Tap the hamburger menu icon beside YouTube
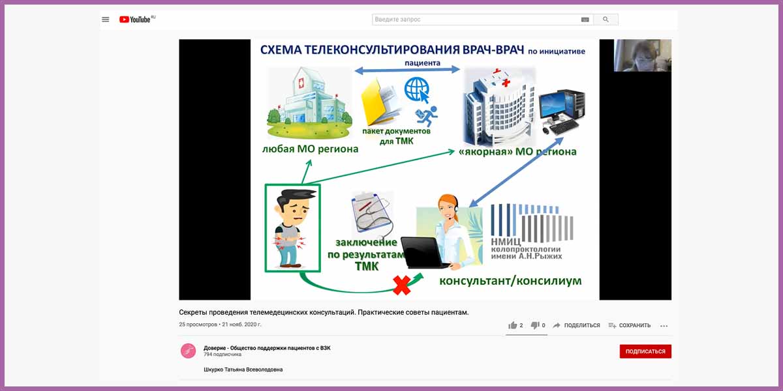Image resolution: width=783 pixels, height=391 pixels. (105, 20)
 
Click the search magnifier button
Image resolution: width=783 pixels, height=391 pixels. (606, 20)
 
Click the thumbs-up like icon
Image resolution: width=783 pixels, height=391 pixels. (512, 325)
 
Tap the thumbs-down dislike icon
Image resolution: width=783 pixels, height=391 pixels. (535, 325)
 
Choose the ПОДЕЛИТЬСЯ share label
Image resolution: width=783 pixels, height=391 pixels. (581, 325)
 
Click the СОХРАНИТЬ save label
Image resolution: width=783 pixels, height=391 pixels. (635, 325)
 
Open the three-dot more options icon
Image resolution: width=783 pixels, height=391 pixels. (664, 326)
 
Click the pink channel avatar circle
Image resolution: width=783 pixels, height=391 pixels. (188, 351)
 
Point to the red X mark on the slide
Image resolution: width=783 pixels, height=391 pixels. (401, 285)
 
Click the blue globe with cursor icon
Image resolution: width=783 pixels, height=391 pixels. (417, 90)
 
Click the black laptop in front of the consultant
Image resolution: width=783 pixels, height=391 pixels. (423, 253)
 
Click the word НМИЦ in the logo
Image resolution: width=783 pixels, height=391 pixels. (506, 242)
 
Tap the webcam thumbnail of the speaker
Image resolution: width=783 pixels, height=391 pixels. (643, 55)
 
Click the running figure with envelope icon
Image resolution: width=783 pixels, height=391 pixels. (427, 116)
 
